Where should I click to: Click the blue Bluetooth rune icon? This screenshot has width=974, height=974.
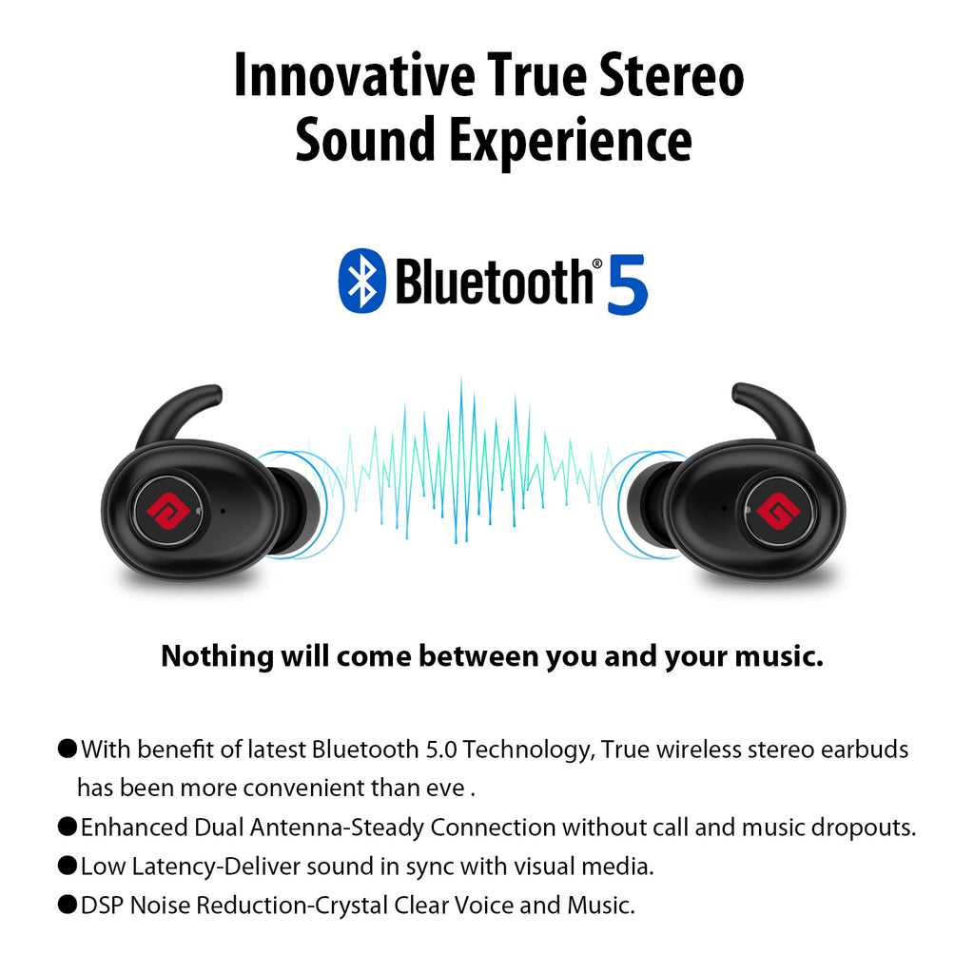[361, 281]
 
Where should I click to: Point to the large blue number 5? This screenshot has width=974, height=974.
[627, 285]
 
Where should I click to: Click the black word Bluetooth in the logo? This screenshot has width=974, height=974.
[495, 282]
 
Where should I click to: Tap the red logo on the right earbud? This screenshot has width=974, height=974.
[778, 511]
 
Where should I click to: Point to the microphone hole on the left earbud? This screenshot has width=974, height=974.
[223, 511]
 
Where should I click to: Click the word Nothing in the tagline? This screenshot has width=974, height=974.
[218, 657]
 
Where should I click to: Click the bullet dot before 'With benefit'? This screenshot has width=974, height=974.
[68, 749]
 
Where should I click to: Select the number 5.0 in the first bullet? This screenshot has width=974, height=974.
[441, 750]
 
